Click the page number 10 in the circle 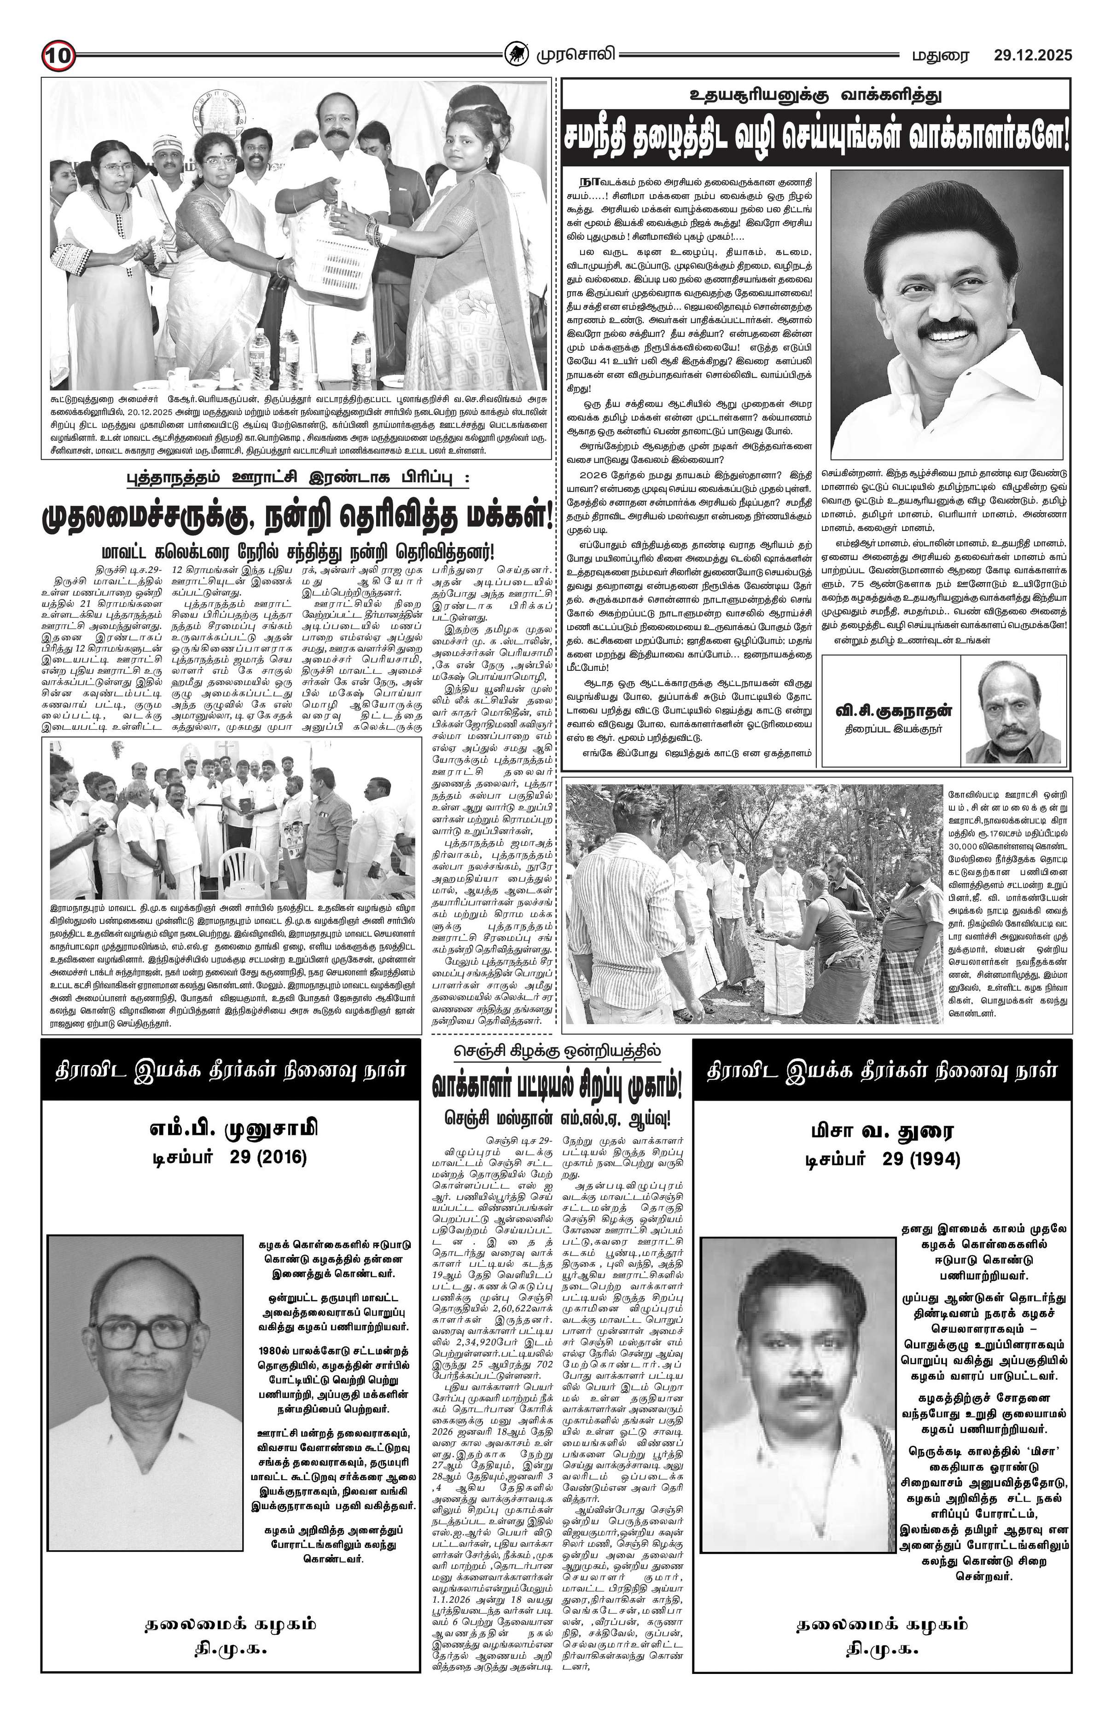(57, 55)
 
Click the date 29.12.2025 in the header (1032, 55)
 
